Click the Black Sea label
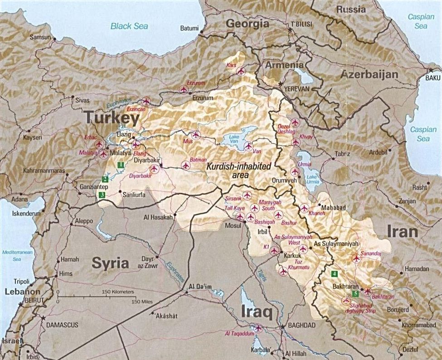tap(129, 26)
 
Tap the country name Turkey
tap(112, 119)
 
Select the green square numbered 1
tap(120, 165)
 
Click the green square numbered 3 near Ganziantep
tap(102, 195)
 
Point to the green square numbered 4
tap(335, 274)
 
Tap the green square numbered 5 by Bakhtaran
tap(355, 293)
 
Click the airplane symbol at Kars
tap(240, 71)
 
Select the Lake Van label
tap(234, 139)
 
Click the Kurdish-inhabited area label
tap(238, 170)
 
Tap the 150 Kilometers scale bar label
tap(118, 291)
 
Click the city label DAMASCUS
tap(60, 325)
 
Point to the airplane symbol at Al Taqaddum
tap(258, 327)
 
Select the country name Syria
tap(111, 263)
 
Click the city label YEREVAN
tap(296, 89)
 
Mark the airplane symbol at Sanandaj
tap(356, 259)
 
